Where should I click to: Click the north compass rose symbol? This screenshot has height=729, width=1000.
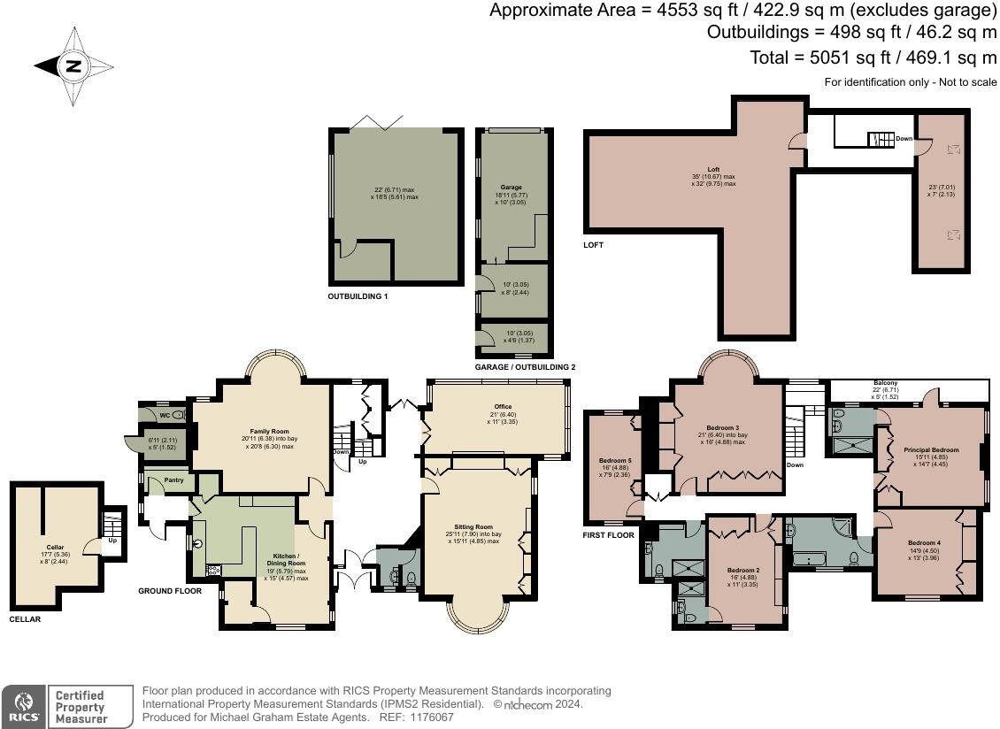[x=73, y=66]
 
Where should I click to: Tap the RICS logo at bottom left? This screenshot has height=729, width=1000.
[x=22, y=707]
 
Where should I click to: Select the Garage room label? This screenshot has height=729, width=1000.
[x=512, y=188]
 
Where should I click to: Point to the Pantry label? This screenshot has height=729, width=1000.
[x=164, y=480]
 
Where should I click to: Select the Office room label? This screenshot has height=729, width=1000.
[x=503, y=407]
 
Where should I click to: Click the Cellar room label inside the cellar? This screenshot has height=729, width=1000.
[x=55, y=548]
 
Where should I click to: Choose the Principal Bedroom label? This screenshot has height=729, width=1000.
[x=930, y=449]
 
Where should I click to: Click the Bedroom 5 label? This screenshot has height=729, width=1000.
[x=615, y=461]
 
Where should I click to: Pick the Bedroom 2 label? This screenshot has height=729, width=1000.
[x=744, y=570]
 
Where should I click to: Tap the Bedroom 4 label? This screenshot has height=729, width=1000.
[x=924, y=542]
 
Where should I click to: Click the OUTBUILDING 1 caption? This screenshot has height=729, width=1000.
[x=358, y=296]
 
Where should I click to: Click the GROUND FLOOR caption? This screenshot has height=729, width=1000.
[x=170, y=590]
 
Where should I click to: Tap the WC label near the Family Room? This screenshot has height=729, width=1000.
[x=164, y=414]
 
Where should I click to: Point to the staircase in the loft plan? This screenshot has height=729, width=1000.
[x=881, y=139]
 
